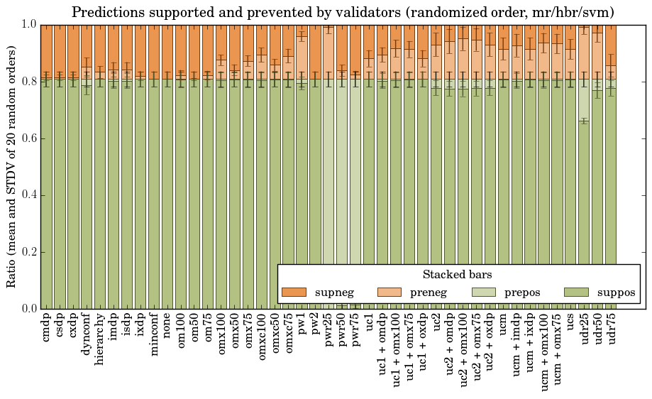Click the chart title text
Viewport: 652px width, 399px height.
coord(343,12)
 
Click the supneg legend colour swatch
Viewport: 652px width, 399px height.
coord(294,293)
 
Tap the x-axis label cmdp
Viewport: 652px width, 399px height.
coord(48,327)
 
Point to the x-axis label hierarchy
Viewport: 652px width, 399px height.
coord(101,338)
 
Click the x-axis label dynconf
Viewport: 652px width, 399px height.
coord(87,334)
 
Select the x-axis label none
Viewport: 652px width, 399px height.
coord(168,325)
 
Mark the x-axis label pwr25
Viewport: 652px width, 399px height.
coord(329,329)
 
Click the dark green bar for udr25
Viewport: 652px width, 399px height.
coord(585,213)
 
